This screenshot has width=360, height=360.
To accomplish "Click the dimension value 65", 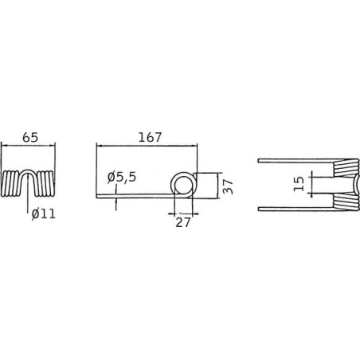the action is [x=30, y=138].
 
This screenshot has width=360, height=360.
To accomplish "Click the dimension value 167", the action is [x=150, y=137].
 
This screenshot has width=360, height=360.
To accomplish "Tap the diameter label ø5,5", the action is [x=122, y=178].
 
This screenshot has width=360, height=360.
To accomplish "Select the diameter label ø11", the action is [x=44, y=213].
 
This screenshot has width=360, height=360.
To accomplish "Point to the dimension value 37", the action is [x=228, y=186].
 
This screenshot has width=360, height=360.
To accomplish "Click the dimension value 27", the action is [x=183, y=222].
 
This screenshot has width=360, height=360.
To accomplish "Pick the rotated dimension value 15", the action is [x=299, y=184].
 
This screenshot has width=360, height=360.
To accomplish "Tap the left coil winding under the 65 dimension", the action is [x=10, y=183].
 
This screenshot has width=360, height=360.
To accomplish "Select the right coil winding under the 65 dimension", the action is [x=45, y=183].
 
